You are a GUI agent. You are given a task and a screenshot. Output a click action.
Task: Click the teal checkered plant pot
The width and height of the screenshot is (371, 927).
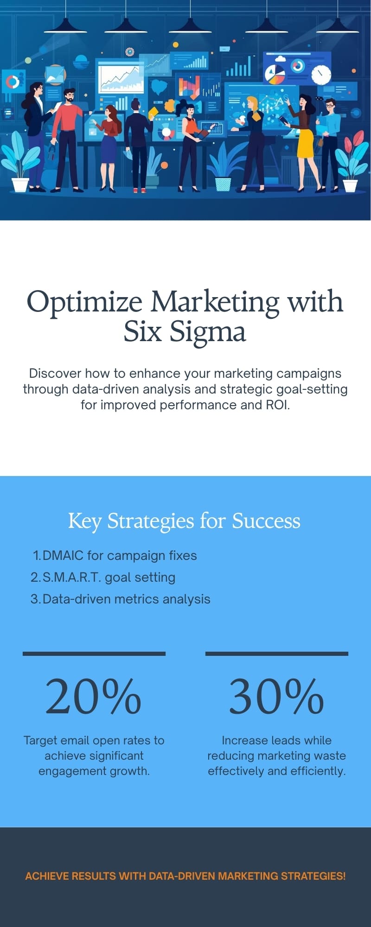coord(223,184)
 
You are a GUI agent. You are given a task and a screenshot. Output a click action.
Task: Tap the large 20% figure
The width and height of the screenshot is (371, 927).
coord(94,696)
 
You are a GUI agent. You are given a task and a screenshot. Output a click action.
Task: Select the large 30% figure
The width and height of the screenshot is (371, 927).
coord(276,696)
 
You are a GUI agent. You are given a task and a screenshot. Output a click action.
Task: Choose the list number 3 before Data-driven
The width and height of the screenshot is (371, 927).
coord(35,599)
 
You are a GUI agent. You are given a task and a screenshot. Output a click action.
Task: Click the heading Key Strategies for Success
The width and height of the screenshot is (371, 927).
coord(185,521)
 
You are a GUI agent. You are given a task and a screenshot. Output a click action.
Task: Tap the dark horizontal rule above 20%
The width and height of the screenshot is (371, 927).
coord(94,654)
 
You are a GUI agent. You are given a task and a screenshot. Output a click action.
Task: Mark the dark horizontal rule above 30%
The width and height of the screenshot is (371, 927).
coord(277,654)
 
